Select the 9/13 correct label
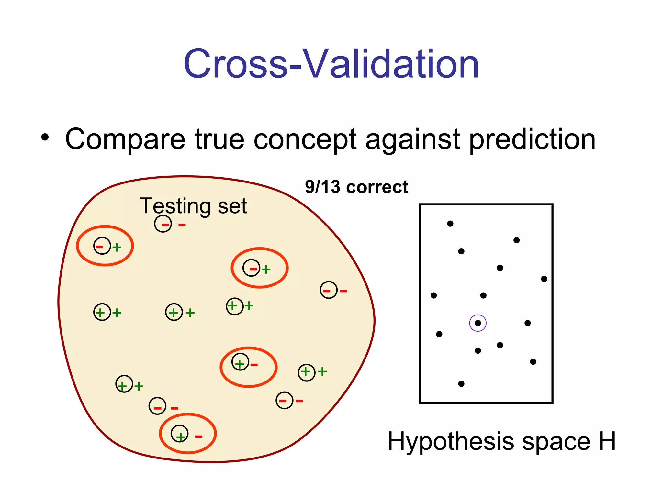click(x=356, y=187)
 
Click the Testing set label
click(x=193, y=206)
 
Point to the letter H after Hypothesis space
click(x=607, y=441)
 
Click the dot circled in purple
click(x=478, y=323)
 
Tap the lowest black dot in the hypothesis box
click(x=461, y=384)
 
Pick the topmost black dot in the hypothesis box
click(x=450, y=224)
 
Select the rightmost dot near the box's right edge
click(x=544, y=279)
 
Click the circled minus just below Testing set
click(x=163, y=224)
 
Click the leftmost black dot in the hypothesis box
click(x=434, y=295)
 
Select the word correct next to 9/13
click(x=377, y=187)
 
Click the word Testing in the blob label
click(x=175, y=206)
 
